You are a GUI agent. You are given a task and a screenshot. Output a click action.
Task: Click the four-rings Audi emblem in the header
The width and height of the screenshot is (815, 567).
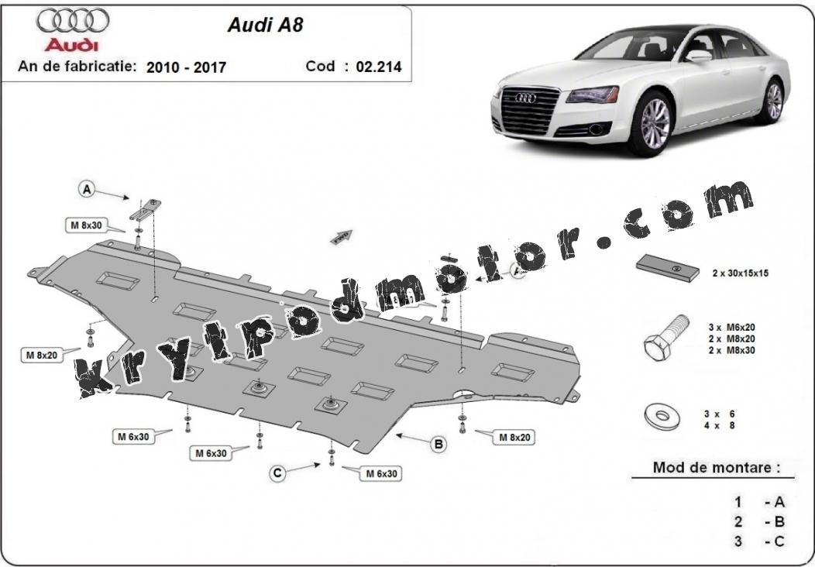73,21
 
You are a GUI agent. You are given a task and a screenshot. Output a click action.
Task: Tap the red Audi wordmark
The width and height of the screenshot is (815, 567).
71,45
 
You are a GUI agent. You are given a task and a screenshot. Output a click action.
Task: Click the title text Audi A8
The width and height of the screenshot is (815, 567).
265,25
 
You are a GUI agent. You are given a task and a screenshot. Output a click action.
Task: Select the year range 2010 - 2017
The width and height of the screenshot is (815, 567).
186,67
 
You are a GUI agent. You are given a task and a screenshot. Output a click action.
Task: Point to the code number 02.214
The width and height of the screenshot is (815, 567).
379,67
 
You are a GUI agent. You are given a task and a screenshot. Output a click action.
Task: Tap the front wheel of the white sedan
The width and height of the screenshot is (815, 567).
654,124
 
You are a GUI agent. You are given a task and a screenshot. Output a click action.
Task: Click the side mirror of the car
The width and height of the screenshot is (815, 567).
698,56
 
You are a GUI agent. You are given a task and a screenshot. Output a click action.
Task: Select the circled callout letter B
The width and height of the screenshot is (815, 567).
438,444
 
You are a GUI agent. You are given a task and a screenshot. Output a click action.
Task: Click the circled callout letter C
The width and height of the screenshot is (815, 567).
277,473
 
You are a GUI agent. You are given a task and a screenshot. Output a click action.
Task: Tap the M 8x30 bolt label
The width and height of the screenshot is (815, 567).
86,225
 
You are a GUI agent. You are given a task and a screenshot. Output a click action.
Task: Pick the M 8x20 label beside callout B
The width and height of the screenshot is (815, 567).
514,438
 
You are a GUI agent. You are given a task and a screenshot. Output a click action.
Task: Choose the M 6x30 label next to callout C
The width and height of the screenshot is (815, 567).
381,474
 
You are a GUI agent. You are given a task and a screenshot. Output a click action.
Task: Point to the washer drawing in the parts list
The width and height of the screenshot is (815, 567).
662,416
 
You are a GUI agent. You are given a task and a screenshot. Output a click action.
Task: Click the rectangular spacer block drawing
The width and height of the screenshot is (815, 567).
667,268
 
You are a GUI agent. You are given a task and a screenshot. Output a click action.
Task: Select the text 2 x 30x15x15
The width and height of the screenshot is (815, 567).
740,273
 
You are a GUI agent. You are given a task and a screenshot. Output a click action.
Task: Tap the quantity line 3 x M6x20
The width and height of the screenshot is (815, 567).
731,328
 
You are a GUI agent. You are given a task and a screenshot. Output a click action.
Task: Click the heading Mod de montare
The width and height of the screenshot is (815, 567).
717,467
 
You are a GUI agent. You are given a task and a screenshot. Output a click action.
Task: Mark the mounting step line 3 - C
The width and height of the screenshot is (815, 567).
759,541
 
